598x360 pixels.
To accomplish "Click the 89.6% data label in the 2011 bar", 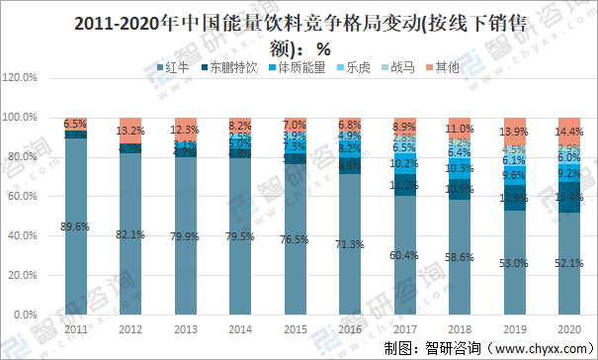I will pos(74,226).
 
